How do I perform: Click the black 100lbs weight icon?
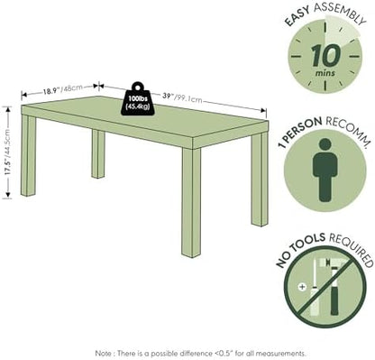[x=137, y=98]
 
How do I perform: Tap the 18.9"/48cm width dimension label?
[x=62, y=89]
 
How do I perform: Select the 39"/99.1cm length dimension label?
[x=182, y=97]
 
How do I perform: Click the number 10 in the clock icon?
[x=325, y=56]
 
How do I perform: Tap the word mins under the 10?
[x=325, y=72]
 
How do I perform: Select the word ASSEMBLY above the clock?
[x=340, y=12]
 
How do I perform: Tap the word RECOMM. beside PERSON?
[x=348, y=128]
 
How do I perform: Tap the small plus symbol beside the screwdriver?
[x=302, y=287]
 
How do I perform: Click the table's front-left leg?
[x=28, y=156]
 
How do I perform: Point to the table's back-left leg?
[x=98, y=153]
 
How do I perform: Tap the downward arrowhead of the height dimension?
[x=7, y=196]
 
